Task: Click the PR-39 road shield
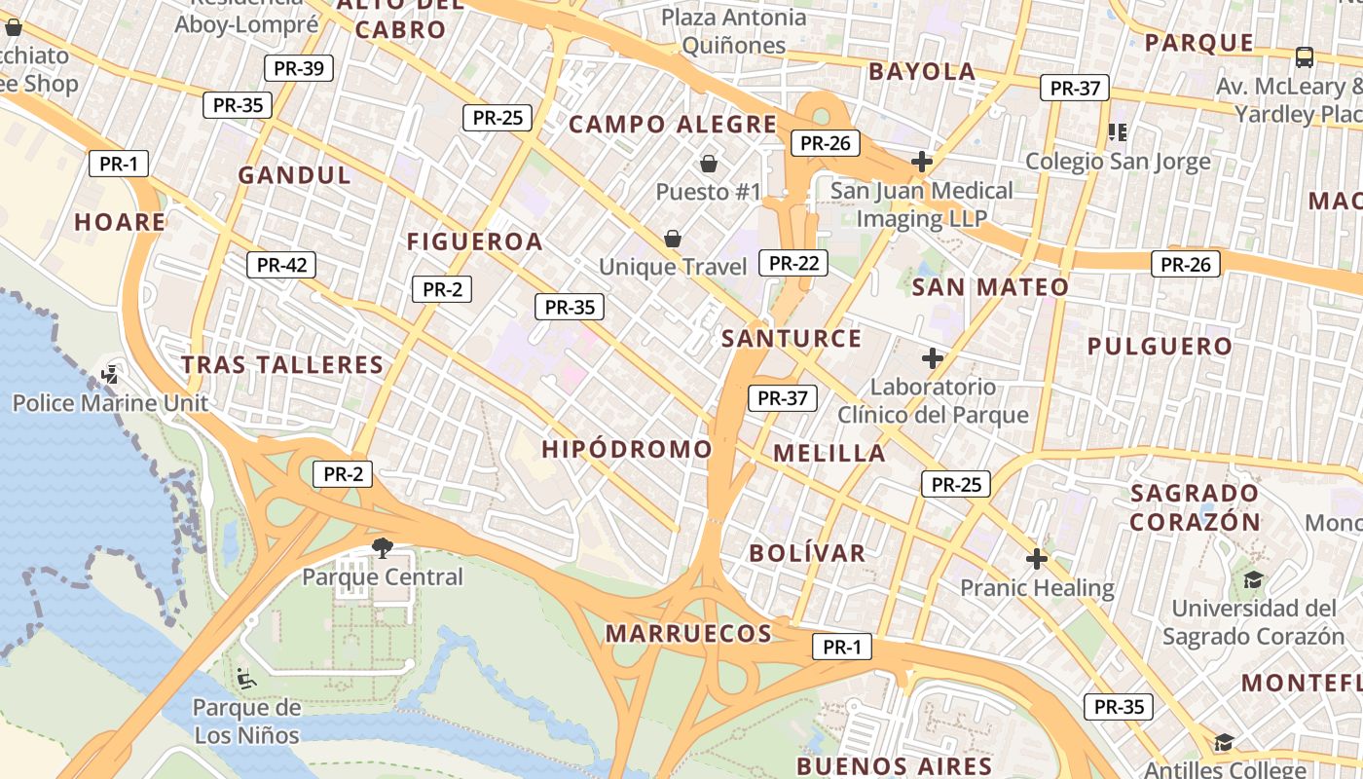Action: click(x=299, y=68)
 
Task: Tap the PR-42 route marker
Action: click(x=281, y=265)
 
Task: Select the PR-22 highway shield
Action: click(x=793, y=263)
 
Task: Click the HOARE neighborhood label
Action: click(x=120, y=222)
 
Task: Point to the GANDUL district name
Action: click(x=295, y=175)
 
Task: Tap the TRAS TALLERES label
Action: click(x=282, y=365)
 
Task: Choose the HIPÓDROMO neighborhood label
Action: click(x=627, y=449)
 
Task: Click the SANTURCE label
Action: click(x=792, y=339)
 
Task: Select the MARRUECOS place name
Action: click(x=688, y=634)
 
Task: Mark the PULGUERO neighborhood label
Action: click(x=1160, y=347)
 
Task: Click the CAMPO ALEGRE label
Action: click(x=673, y=125)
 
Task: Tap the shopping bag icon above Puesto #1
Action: click(x=708, y=163)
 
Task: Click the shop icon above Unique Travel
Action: click(x=672, y=238)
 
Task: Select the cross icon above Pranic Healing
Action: click(x=1037, y=559)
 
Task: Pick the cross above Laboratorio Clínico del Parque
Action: click(x=933, y=358)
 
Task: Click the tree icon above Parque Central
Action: click(x=383, y=547)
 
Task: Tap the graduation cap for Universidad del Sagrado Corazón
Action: click(x=1253, y=580)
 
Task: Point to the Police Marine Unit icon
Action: click(x=110, y=374)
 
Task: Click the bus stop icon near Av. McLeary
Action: click(x=1304, y=57)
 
